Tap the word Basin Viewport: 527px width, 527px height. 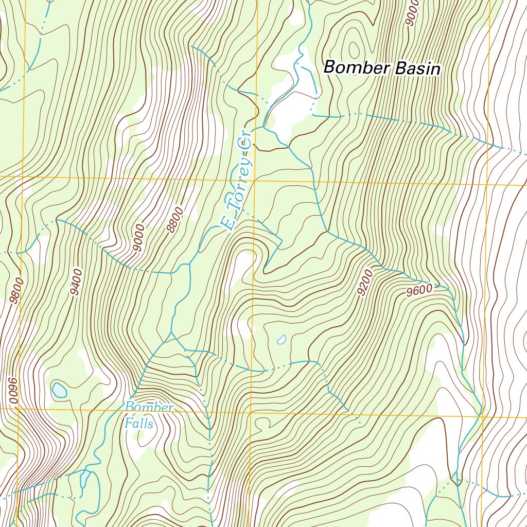[418, 69]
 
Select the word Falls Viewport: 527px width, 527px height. [139, 424]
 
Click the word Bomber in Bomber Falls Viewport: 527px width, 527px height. [149, 408]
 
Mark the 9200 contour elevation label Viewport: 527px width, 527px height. [364, 283]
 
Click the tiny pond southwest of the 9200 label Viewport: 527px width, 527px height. [281, 340]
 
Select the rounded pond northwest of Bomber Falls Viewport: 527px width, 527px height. [59, 390]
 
